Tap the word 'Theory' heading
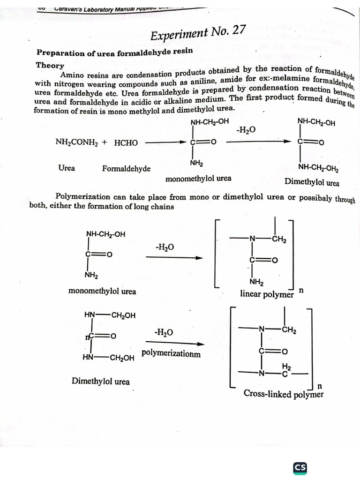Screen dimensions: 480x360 click(x=50, y=65)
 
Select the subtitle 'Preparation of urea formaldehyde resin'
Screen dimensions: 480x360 click(x=114, y=52)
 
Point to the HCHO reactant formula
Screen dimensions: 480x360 click(x=126, y=142)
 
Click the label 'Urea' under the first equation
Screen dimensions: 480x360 click(x=67, y=167)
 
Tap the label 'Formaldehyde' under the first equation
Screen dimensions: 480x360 click(x=126, y=168)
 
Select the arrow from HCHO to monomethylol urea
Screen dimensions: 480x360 click(x=166, y=142)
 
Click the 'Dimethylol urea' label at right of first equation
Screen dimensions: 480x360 click(x=312, y=182)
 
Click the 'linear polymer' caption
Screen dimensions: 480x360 click(x=267, y=294)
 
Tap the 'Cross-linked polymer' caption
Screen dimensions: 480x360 click(x=284, y=394)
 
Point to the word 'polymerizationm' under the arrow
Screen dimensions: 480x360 click(x=171, y=353)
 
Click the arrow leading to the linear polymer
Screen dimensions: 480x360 click(x=180, y=257)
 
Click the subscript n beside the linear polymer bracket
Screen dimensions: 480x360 click(x=301, y=291)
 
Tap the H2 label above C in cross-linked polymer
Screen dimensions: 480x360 click(x=286, y=366)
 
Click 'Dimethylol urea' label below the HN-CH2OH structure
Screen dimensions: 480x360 click(x=100, y=381)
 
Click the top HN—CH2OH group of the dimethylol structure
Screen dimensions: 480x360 click(x=110, y=315)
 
